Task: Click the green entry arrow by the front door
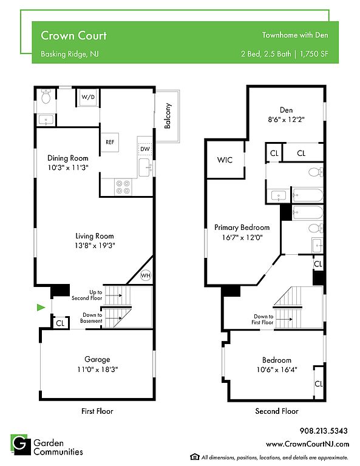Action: coord(41,307)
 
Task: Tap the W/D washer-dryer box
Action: coord(88,97)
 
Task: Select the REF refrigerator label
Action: coord(110,142)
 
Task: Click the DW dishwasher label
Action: coord(145,149)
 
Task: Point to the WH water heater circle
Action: coord(145,275)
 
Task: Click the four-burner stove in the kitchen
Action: coord(123,187)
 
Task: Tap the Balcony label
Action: coord(168,116)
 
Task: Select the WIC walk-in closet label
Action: coord(225,160)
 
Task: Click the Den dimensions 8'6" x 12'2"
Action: coord(287,120)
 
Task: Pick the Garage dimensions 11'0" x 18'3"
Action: coord(98,370)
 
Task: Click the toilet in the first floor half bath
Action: coord(46,96)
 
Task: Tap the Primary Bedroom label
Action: coord(242,228)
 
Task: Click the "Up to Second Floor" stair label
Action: coord(87,295)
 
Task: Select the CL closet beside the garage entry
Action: coord(60,323)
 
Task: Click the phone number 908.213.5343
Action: coord(324,431)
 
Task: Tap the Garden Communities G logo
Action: coord(21,445)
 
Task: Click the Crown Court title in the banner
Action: coord(73,35)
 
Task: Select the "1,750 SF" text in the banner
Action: coord(314,54)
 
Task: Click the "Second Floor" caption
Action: coord(277,411)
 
